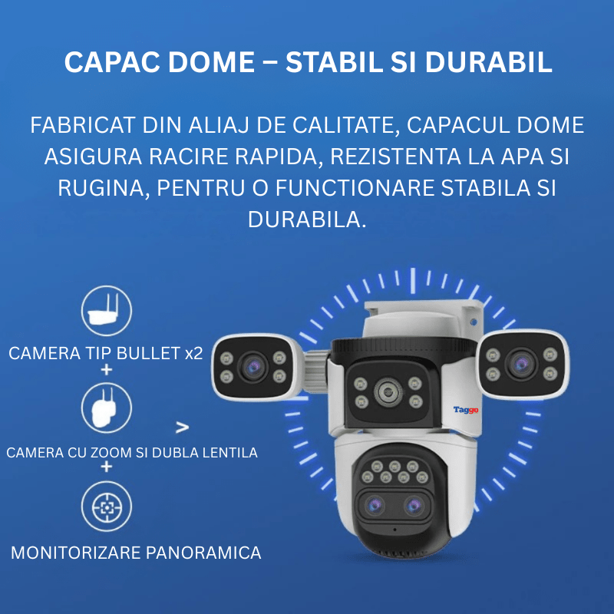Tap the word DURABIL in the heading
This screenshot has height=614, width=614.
488,63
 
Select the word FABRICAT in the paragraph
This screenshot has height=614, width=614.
82,125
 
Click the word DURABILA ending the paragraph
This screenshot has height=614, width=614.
307,220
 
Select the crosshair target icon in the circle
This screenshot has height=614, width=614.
107,507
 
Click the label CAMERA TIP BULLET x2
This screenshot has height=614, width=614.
106,354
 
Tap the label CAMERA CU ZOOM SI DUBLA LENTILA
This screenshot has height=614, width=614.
132,453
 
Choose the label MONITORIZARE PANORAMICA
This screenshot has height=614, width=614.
136,553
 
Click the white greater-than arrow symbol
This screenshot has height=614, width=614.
183,427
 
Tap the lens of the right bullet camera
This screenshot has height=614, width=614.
521,362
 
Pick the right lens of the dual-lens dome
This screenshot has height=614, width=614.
414,505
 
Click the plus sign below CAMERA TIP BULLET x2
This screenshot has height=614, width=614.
106,370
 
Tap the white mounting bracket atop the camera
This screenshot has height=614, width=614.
422,317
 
